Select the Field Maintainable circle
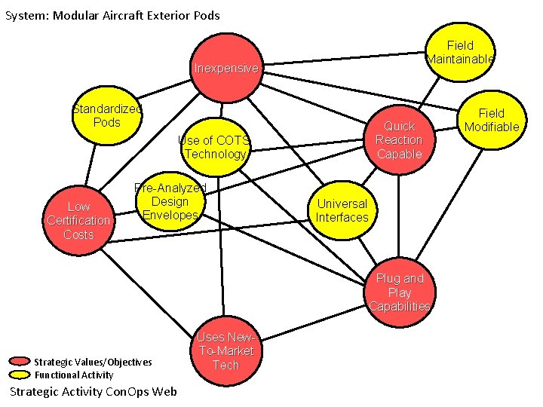point(460,51)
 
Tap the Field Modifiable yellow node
point(492,120)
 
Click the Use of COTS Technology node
point(215,147)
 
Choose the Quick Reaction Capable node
point(399,140)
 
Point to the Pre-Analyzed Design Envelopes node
point(170,201)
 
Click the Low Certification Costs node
point(78,220)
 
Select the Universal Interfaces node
point(342,210)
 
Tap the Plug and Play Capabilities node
point(400,292)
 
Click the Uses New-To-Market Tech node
point(225,352)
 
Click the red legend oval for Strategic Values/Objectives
point(20,362)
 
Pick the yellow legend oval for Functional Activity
point(20,375)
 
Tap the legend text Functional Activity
point(74,375)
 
